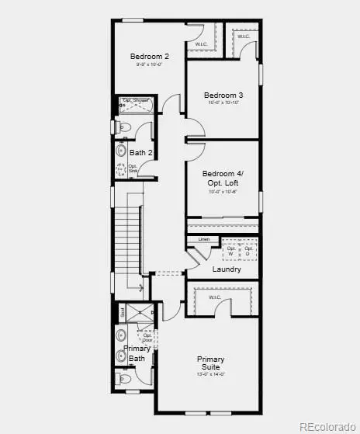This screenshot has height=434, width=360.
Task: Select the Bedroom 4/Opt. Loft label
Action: click(x=222, y=178)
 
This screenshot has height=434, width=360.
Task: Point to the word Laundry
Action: click(x=226, y=269)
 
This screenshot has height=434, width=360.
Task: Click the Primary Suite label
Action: click(x=210, y=363)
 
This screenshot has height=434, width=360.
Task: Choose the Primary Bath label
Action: click(x=137, y=353)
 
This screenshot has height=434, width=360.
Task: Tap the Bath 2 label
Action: click(x=140, y=152)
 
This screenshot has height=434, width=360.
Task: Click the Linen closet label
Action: click(x=204, y=239)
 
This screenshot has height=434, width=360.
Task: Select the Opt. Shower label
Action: click(x=135, y=101)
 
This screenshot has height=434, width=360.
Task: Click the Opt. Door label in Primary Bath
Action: click(x=147, y=337)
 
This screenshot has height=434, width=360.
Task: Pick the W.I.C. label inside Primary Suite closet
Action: click(x=215, y=297)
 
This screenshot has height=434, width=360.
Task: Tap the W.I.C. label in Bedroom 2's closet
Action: click(x=201, y=44)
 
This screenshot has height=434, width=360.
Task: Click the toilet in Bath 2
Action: click(x=124, y=127)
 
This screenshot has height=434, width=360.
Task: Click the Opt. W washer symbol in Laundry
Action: click(x=230, y=251)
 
